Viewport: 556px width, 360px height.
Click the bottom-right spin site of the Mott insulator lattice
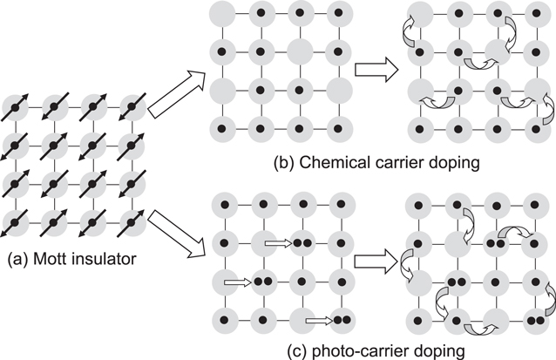click(x=132, y=220)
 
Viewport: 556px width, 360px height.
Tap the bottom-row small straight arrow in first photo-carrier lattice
click(x=320, y=320)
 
